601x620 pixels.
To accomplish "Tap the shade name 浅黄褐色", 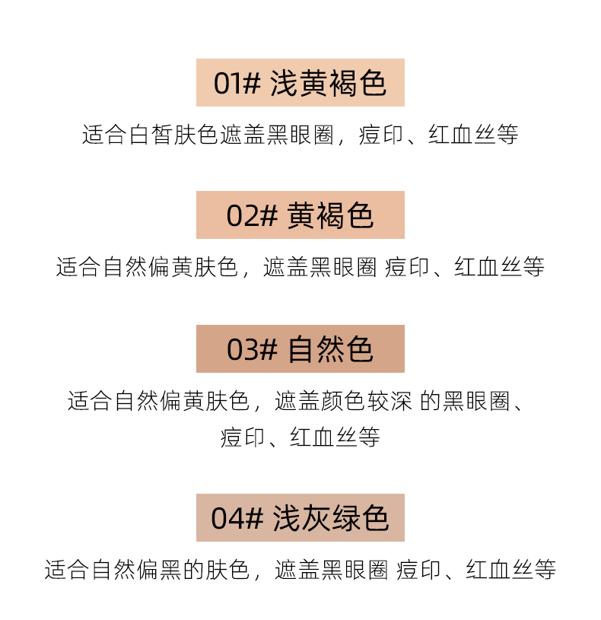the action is (x=329, y=83).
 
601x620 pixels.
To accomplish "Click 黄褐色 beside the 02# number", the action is (x=331, y=216).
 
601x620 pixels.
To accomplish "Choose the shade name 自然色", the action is (x=331, y=349).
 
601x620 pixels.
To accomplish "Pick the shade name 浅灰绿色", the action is (x=331, y=519).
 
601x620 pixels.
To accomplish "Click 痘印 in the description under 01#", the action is (x=381, y=135).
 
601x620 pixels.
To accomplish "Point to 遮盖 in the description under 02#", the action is (x=285, y=268).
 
